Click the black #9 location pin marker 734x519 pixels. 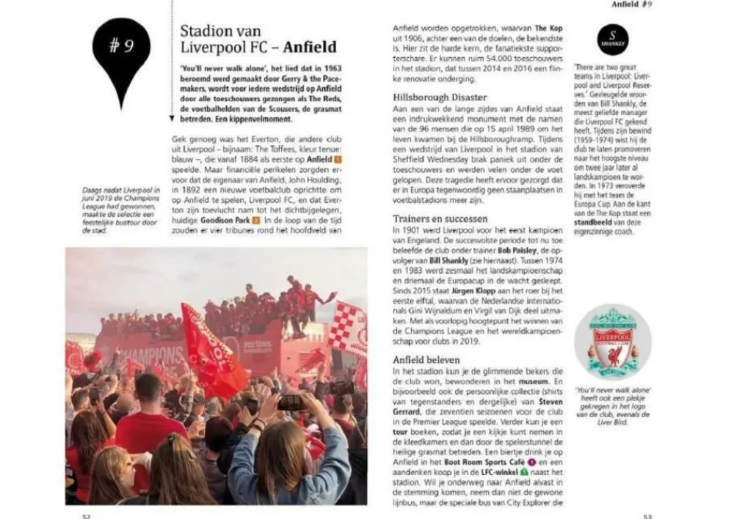click(121, 53)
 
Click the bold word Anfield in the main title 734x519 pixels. click(310, 48)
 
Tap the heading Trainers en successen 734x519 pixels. click(440, 218)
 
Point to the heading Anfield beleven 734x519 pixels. click(426, 360)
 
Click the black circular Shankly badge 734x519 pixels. click(612, 40)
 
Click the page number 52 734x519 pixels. click(86, 515)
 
